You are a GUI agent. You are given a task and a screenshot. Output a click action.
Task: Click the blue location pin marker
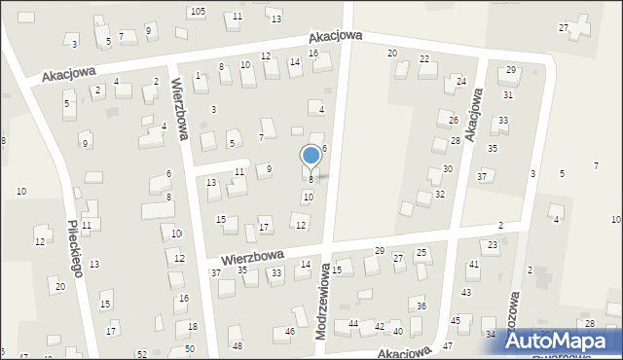pyautogui.click(x=311, y=157)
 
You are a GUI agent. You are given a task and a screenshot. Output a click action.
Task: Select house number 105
pyautogui.click(x=198, y=11)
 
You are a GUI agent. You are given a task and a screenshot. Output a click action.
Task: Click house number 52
pyautogui.click(x=141, y=354)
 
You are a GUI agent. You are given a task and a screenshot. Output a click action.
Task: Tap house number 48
pyautogui.click(x=238, y=346)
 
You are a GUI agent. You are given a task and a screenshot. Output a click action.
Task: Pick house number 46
pyautogui.click(x=290, y=332)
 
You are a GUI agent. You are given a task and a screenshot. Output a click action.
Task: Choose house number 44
pyautogui.click(x=353, y=323)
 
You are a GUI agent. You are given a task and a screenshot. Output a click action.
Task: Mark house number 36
pyautogui.click(x=421, y=306)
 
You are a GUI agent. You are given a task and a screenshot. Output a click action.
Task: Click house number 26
pyautogui.click(x=454, y=120)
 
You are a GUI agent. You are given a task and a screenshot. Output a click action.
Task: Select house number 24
pyautogui.click(x=461, y=81)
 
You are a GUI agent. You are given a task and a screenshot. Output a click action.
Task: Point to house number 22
pyautogui.click(x=424, y=59)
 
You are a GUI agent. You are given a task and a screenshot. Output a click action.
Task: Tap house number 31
pyautogui.click(x=508, y=94)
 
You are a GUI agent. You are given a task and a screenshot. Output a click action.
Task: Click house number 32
pyautogui.click(x=440, y=195)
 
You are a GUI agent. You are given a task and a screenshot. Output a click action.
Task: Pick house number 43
pyautogui.click(x=466, y=292)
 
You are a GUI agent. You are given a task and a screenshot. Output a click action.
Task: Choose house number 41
pyautogui.click(x=474, y=265)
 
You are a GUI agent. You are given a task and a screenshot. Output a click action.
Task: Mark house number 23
pyautogui.click(x=493, y=244)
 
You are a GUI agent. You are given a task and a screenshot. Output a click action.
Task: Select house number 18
pyautogui.click(x=193, y=326)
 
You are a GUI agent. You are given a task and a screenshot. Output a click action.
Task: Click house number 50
pyautogui.click(x=190, y=348)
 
